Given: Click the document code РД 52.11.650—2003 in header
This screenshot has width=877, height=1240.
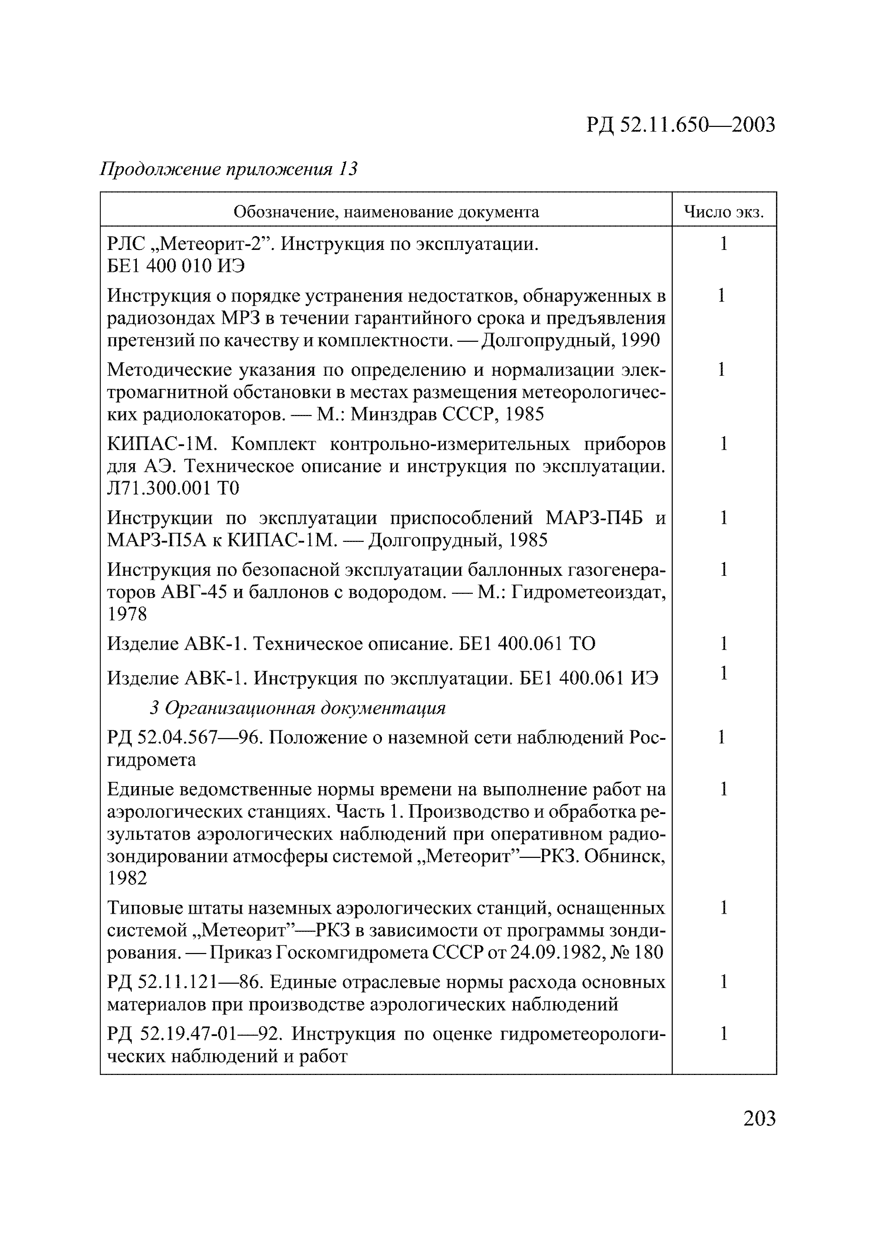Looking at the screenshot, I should (x=680, y=125).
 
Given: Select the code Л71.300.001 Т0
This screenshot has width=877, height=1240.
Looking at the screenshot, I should (x=173, y=488).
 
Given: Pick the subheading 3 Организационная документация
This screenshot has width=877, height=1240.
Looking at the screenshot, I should (x=297, y=708).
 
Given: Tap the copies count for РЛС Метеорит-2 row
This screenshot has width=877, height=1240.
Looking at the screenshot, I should (x=724, y=244).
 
